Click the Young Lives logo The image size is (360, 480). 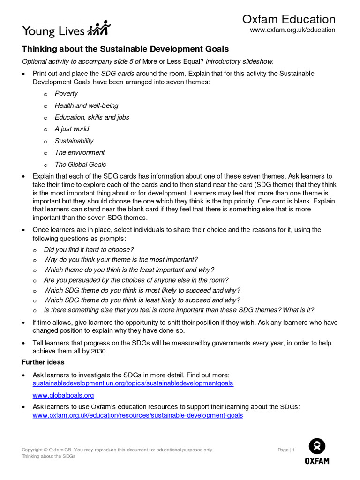tap(66, 29)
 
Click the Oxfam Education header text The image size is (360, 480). tap(289, 19)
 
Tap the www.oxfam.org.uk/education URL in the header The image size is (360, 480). tap(292, 30)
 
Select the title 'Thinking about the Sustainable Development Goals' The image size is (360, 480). tap(126, 49)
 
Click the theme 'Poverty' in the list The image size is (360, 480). tap(66, 94)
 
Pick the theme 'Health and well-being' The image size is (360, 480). tap(86, 105)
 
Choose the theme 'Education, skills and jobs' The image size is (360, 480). tap(92, 117)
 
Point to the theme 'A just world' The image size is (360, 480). tap(72, 129)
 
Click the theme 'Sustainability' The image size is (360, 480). tap(74, 141)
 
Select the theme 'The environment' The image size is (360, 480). tap(80, 152)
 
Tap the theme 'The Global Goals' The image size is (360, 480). tap(80, 165)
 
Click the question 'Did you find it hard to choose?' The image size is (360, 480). tap(89, 250)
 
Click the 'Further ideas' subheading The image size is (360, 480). tap(43, 362)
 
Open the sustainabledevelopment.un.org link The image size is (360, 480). tap(133, 383)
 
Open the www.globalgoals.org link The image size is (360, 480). tap(63, 395)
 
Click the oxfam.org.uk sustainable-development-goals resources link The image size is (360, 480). tap(138, 415)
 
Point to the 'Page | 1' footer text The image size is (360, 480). tap(286, 450)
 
